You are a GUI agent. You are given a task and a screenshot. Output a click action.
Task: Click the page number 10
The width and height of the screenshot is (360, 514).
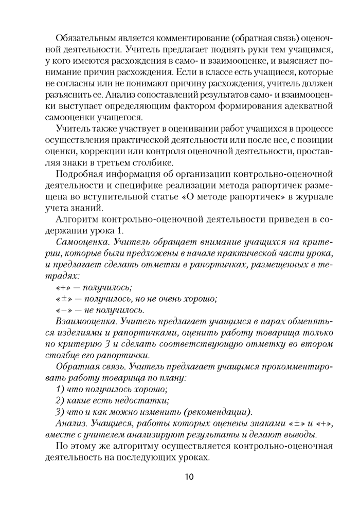[188, 476]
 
